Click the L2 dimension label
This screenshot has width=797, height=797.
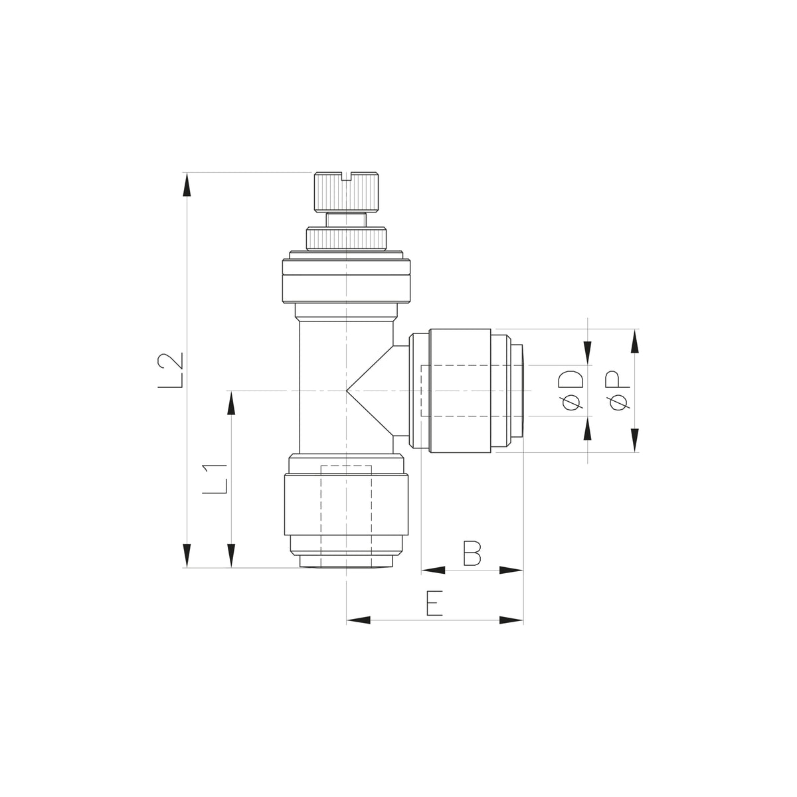point(170,371)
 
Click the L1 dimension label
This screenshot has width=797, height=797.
point(215,479)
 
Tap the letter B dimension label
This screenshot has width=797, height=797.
point(472,553)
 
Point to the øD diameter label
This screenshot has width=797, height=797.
point(571,391)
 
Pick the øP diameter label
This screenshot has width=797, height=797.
point(618,391)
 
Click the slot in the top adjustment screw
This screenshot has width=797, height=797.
point(346,177)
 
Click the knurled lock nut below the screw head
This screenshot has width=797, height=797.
point(346,238)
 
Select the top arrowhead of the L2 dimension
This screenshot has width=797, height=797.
point(187,184)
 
